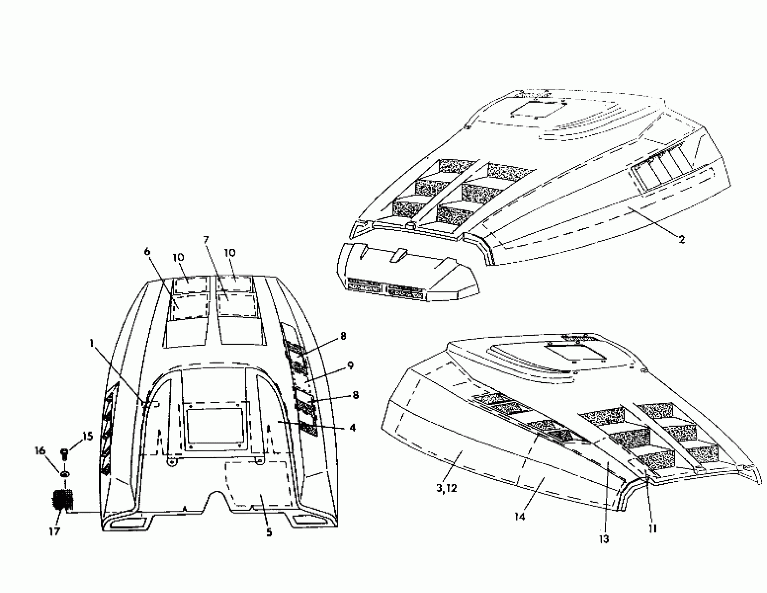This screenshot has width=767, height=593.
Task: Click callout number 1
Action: coord(92,343)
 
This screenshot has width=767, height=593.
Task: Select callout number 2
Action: coord(681,239)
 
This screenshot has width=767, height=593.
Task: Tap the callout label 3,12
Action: coord(446,488)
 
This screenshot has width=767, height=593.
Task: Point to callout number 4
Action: coord(352,428)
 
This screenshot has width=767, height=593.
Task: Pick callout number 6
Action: coord(147,252)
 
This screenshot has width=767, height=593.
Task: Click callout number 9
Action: coord(350,366)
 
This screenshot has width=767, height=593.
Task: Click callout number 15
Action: coord(88,436)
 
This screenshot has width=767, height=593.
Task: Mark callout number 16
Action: coord(40,450)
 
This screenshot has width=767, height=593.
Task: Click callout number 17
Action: coord(54,532)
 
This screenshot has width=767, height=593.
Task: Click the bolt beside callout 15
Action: coord(65,453)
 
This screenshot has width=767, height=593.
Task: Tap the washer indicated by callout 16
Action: coord(65,474)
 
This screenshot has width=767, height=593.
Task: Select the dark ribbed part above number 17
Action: coord(63,500)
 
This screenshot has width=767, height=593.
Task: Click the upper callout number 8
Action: coord(343,336)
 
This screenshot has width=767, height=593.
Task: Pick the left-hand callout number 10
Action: coord(178,257)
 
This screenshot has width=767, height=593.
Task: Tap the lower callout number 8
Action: coord(355,395)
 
